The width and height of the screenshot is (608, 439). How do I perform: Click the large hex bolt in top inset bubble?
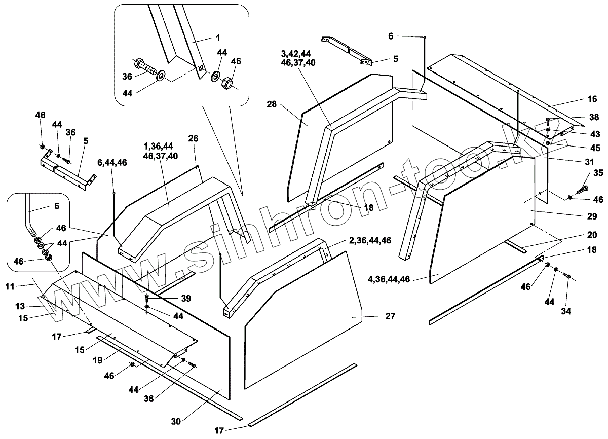point(146,67)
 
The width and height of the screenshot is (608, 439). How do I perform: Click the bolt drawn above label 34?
point(567,276)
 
